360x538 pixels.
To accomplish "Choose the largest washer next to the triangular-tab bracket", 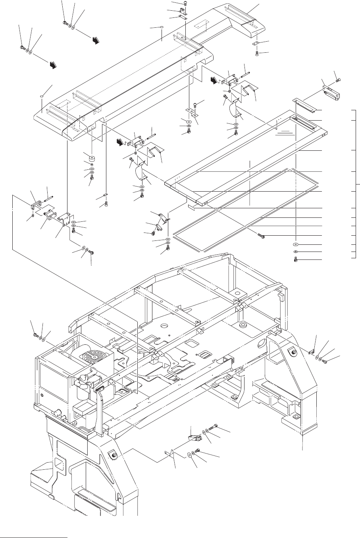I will [x=189, y=455].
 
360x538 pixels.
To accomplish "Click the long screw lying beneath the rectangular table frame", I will [x=261, y=236].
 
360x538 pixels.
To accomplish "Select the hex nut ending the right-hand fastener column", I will [x=296, y=259].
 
